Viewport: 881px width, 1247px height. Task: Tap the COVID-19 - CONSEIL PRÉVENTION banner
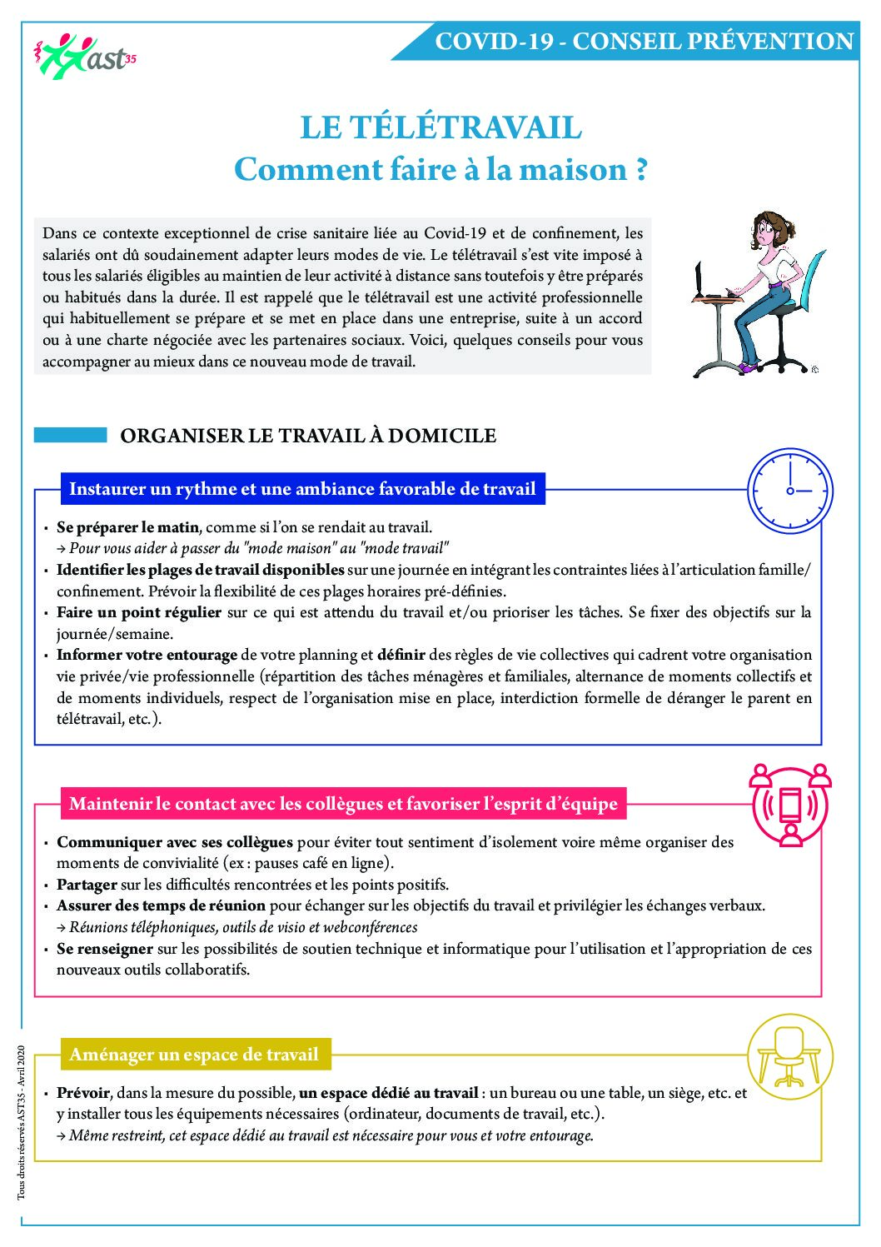[x=644, y=42]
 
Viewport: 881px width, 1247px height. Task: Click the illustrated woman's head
[x=772, y=232]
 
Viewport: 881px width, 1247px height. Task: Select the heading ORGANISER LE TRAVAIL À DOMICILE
[x=308, y=436]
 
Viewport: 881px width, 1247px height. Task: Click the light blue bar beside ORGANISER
[x=71, y=435]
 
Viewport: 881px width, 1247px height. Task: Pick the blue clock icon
[x=789, y=491]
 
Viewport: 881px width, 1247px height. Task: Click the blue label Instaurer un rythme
[x=302, y=489]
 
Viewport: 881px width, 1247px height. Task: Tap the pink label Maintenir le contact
[x=343, y=804]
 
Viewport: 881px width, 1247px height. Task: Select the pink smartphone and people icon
[x=790, y=805]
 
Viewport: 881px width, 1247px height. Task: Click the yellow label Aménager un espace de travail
[x=194, y=1055]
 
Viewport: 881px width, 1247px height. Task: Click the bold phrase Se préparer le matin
[x=128, y=527]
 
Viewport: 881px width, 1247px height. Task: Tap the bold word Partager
[x=87, y=885]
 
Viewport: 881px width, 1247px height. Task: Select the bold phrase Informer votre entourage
[x=147, y=655]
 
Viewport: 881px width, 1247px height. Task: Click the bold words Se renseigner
[x=105, y=949]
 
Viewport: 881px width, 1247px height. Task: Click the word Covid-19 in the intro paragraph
[x=455, y=233]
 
